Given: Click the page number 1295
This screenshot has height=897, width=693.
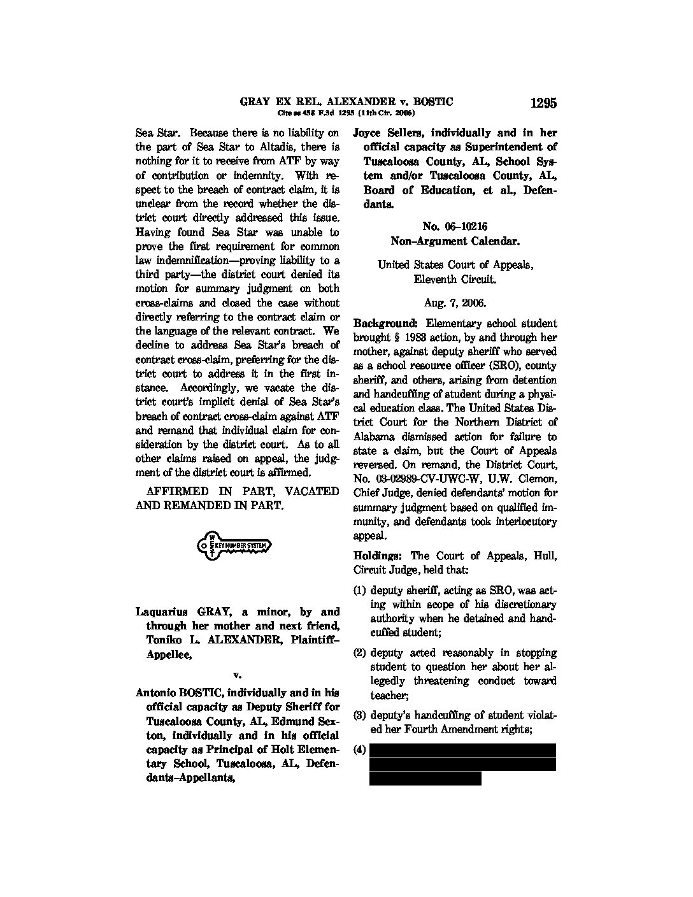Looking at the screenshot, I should pos(543,103).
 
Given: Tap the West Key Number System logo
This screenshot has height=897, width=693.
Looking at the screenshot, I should pos(234,546).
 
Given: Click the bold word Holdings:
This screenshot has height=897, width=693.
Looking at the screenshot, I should pos(378,556).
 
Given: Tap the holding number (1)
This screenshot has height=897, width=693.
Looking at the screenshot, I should pos(360,591).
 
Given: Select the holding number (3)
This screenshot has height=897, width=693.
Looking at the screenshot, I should pos(360,715).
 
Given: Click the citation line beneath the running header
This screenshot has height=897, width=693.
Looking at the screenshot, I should pos(346,113).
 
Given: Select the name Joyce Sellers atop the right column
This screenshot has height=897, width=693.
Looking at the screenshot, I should pos(389,133).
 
